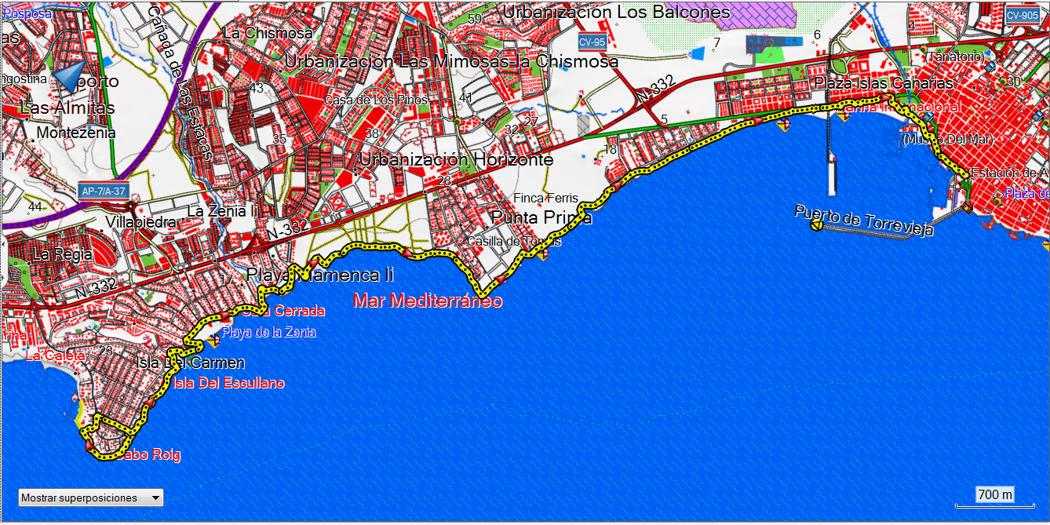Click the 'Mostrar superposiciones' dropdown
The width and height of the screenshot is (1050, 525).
(x=90, y=498)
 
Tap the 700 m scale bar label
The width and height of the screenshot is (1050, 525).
(x=995, y=494)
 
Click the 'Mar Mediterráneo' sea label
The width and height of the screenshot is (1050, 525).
(x=428, y=301)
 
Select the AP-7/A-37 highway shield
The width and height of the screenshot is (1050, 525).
(x=102, y=191)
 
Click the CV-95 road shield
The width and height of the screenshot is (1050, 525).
(x=591, y=42)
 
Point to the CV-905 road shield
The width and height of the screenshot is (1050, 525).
(x=1022, y=15)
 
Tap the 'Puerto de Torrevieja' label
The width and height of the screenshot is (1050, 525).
(x=863, y=221)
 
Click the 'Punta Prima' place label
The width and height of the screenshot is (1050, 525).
(x=541, y=217)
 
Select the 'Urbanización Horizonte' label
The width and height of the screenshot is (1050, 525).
(x=456, y=159)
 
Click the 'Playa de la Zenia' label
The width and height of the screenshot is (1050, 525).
(x=268, y=332)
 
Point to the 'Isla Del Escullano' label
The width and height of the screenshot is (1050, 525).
(x=228, y=383)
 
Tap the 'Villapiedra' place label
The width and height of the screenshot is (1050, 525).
(x=141, y=222)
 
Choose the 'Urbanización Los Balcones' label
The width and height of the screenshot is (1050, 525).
(x=617, y=12)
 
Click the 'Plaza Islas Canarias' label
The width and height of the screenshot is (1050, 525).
(x=884, y=83)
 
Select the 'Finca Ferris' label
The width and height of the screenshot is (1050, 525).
(x=545, y=198)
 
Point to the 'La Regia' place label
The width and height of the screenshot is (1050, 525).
(x=62, y=254)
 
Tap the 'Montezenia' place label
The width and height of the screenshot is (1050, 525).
(x=76, y=133)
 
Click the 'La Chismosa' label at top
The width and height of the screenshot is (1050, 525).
(x=268, y=33)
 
